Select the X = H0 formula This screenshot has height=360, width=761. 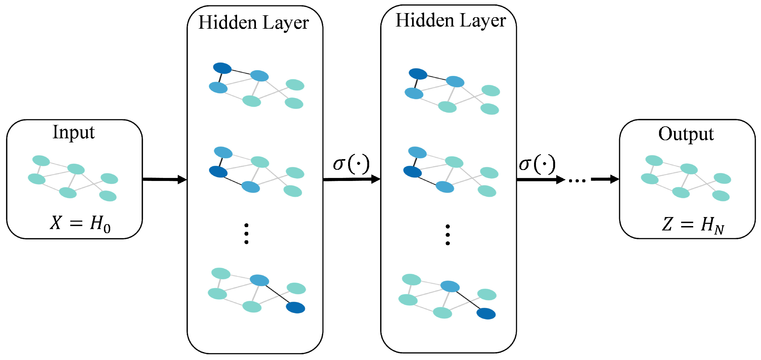click(80, 223)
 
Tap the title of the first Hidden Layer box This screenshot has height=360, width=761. click(253, 22)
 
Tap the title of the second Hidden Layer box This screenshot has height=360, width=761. click(451, 21)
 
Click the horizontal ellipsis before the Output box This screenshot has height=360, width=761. click(577, 180)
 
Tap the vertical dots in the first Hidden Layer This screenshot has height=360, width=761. click(246, 234)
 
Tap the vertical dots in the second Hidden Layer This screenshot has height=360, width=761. click(448, 235)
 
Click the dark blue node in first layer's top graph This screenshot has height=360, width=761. click(222, 68)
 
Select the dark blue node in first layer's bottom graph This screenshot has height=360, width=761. click(295, 308)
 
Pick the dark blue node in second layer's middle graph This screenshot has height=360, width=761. click(412, 172)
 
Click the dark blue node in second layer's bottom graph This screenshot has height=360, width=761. click(486, 313)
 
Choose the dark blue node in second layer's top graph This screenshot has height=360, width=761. click(418, 74)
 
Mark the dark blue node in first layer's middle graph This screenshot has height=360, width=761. click(218, 172)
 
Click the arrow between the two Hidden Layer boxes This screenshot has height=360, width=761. click(352, 179)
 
